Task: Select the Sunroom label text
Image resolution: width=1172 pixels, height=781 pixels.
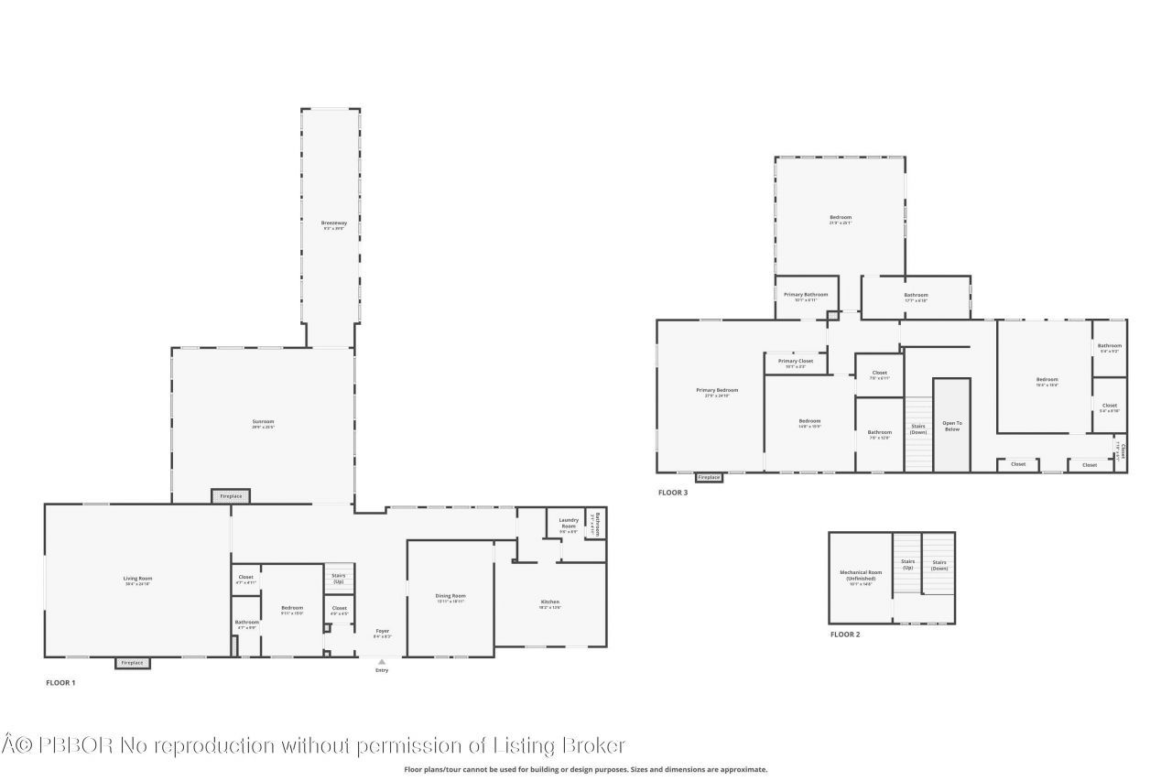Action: pyautogui.click(x=264, y=422)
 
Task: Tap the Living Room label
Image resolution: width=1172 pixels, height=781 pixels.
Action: pyautogui.click(x=137, y=578)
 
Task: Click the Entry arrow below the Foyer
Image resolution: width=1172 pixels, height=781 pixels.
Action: pyautogui.click(x=382, y=661)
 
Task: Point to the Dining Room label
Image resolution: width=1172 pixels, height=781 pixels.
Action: pyautogui.click(x=450, y=596)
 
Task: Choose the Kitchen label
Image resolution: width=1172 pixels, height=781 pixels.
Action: pyautogui.click(x=549, y=602)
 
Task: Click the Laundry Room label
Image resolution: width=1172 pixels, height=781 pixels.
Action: pyautogui.click(x=569, y=523)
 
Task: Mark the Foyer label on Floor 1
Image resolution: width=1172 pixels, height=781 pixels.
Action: pyautogui.click(x=382, y=631)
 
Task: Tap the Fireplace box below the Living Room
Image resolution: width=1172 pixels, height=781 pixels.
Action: pyautogui.click(x=133, y=663)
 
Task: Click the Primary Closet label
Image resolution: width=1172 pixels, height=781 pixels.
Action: pyautogui.click(x=795, y=361)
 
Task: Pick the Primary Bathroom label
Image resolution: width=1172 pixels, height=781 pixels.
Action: pyautogui.click(x=806, y=295)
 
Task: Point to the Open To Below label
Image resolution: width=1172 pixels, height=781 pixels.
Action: pyautogui.click(x=952, y=426)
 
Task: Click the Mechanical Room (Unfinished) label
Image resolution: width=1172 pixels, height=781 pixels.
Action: pyautogui.click(x=860, y=576)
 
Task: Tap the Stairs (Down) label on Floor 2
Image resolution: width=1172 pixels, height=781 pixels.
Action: pyautogui.click(x=939, y=565)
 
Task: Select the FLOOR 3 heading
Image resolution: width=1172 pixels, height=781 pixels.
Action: pyautogui.click(x=672, y=493)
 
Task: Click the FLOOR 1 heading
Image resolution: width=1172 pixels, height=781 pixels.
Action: pyautogui.click(x=60, y=683)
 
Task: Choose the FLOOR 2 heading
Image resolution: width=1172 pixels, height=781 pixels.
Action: pyautogui.click(x=844, y=635)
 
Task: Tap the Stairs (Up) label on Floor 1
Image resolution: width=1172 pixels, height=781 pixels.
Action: pyautogui.click(x=339, y=579)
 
